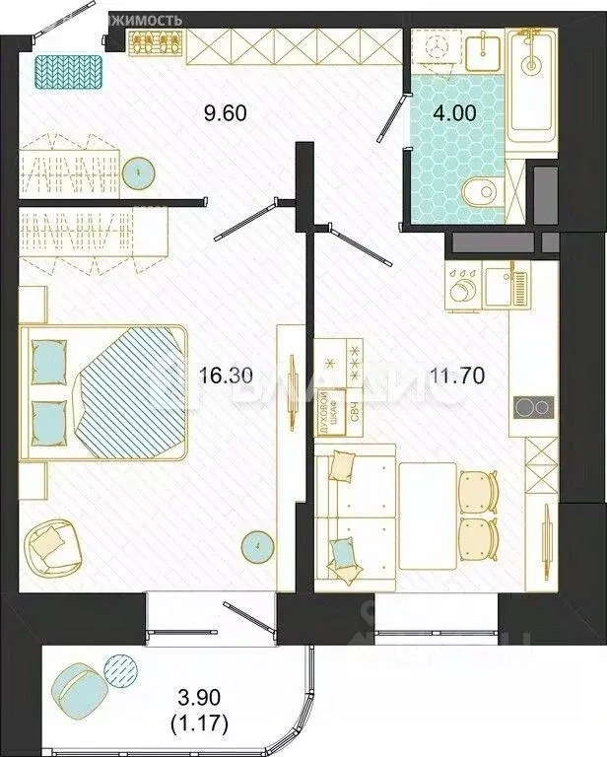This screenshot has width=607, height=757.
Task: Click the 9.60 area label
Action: [x=227, y=112]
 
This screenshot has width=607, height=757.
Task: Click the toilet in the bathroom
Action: [x=482, y=189]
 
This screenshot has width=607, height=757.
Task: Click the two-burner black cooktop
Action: [x=532, y=407]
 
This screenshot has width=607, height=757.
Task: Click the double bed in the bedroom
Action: [x=108, y=392]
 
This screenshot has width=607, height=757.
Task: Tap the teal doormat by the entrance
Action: [x=69, y=71]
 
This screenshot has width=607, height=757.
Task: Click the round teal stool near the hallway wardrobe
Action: [x=144, y=174]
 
